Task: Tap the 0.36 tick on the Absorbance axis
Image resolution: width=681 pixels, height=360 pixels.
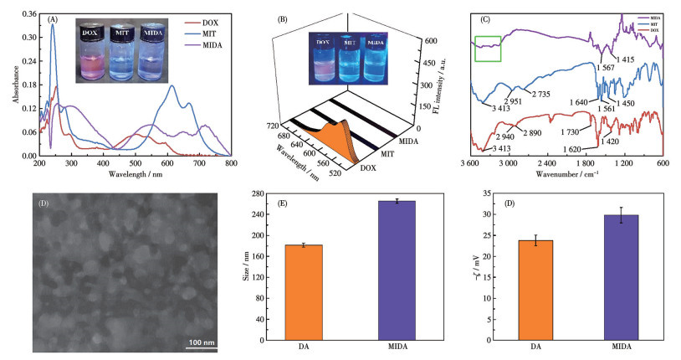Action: (28, 14)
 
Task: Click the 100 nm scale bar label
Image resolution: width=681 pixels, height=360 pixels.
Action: (201, 343)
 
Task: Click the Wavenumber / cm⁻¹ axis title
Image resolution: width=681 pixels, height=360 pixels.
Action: (566, 173)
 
